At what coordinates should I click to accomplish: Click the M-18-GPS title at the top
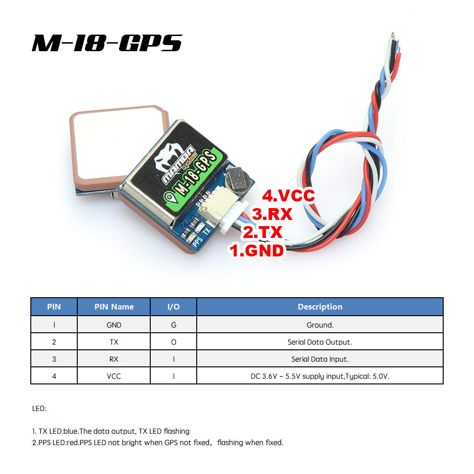[107, 43]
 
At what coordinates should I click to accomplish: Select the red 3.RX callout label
[272, 214]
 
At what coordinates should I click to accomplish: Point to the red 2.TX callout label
[263, 232]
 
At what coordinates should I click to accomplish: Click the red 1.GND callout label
[257, 250]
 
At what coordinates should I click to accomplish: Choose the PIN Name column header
[114, 307]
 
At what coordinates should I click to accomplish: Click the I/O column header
[173, 307]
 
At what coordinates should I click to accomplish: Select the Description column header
[320, 307]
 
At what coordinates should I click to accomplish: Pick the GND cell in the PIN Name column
[114, 325]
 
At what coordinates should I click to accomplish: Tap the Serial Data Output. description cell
[320, 342]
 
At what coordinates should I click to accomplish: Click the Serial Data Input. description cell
[320, 359]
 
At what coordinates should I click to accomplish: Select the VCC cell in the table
[114, 376]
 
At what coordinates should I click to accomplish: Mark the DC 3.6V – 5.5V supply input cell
[320, 376]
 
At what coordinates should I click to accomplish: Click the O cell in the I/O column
[173, 342]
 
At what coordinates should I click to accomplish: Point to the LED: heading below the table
[39, 408]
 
